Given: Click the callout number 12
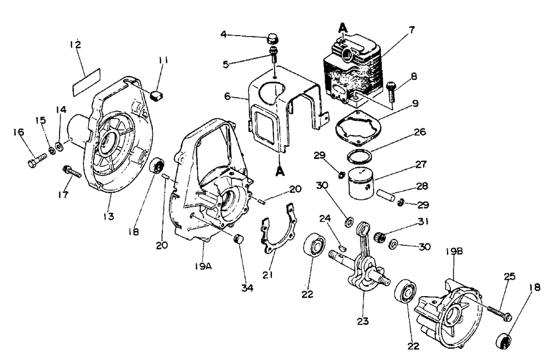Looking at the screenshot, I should pos(76,44).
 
